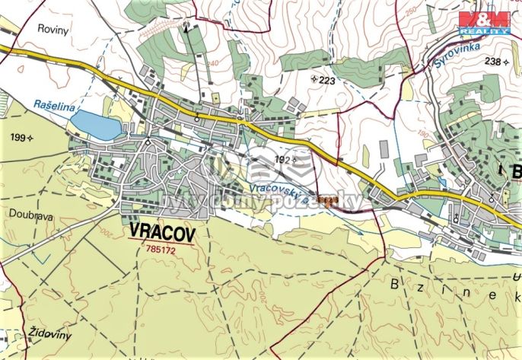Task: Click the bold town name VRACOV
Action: point(164,231)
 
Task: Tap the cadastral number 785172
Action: point(164,248)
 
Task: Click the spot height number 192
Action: point(282,160)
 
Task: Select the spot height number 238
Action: point(493,62)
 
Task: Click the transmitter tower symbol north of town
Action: point(184,26)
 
